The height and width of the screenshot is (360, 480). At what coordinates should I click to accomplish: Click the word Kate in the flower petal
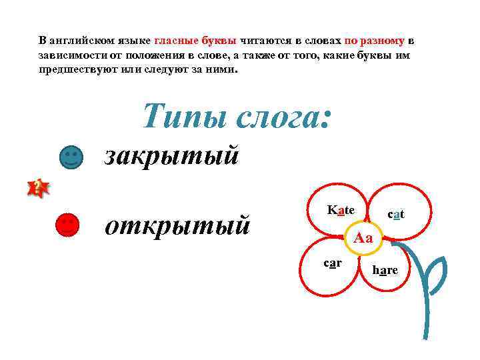click(341, 210)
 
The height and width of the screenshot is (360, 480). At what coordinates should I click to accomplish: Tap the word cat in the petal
click(396, 214)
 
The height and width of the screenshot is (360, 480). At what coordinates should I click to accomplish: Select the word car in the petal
click(333, 263)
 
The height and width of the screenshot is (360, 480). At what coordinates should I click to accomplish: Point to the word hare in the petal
click(385, 270)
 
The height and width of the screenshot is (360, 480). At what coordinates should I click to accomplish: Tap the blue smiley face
click(71, 157)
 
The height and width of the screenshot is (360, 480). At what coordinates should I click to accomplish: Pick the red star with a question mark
click(38, 189)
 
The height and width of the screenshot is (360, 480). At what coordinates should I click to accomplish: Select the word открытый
click(178, 225)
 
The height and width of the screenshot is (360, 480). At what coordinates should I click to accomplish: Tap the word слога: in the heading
click(284, 117)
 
